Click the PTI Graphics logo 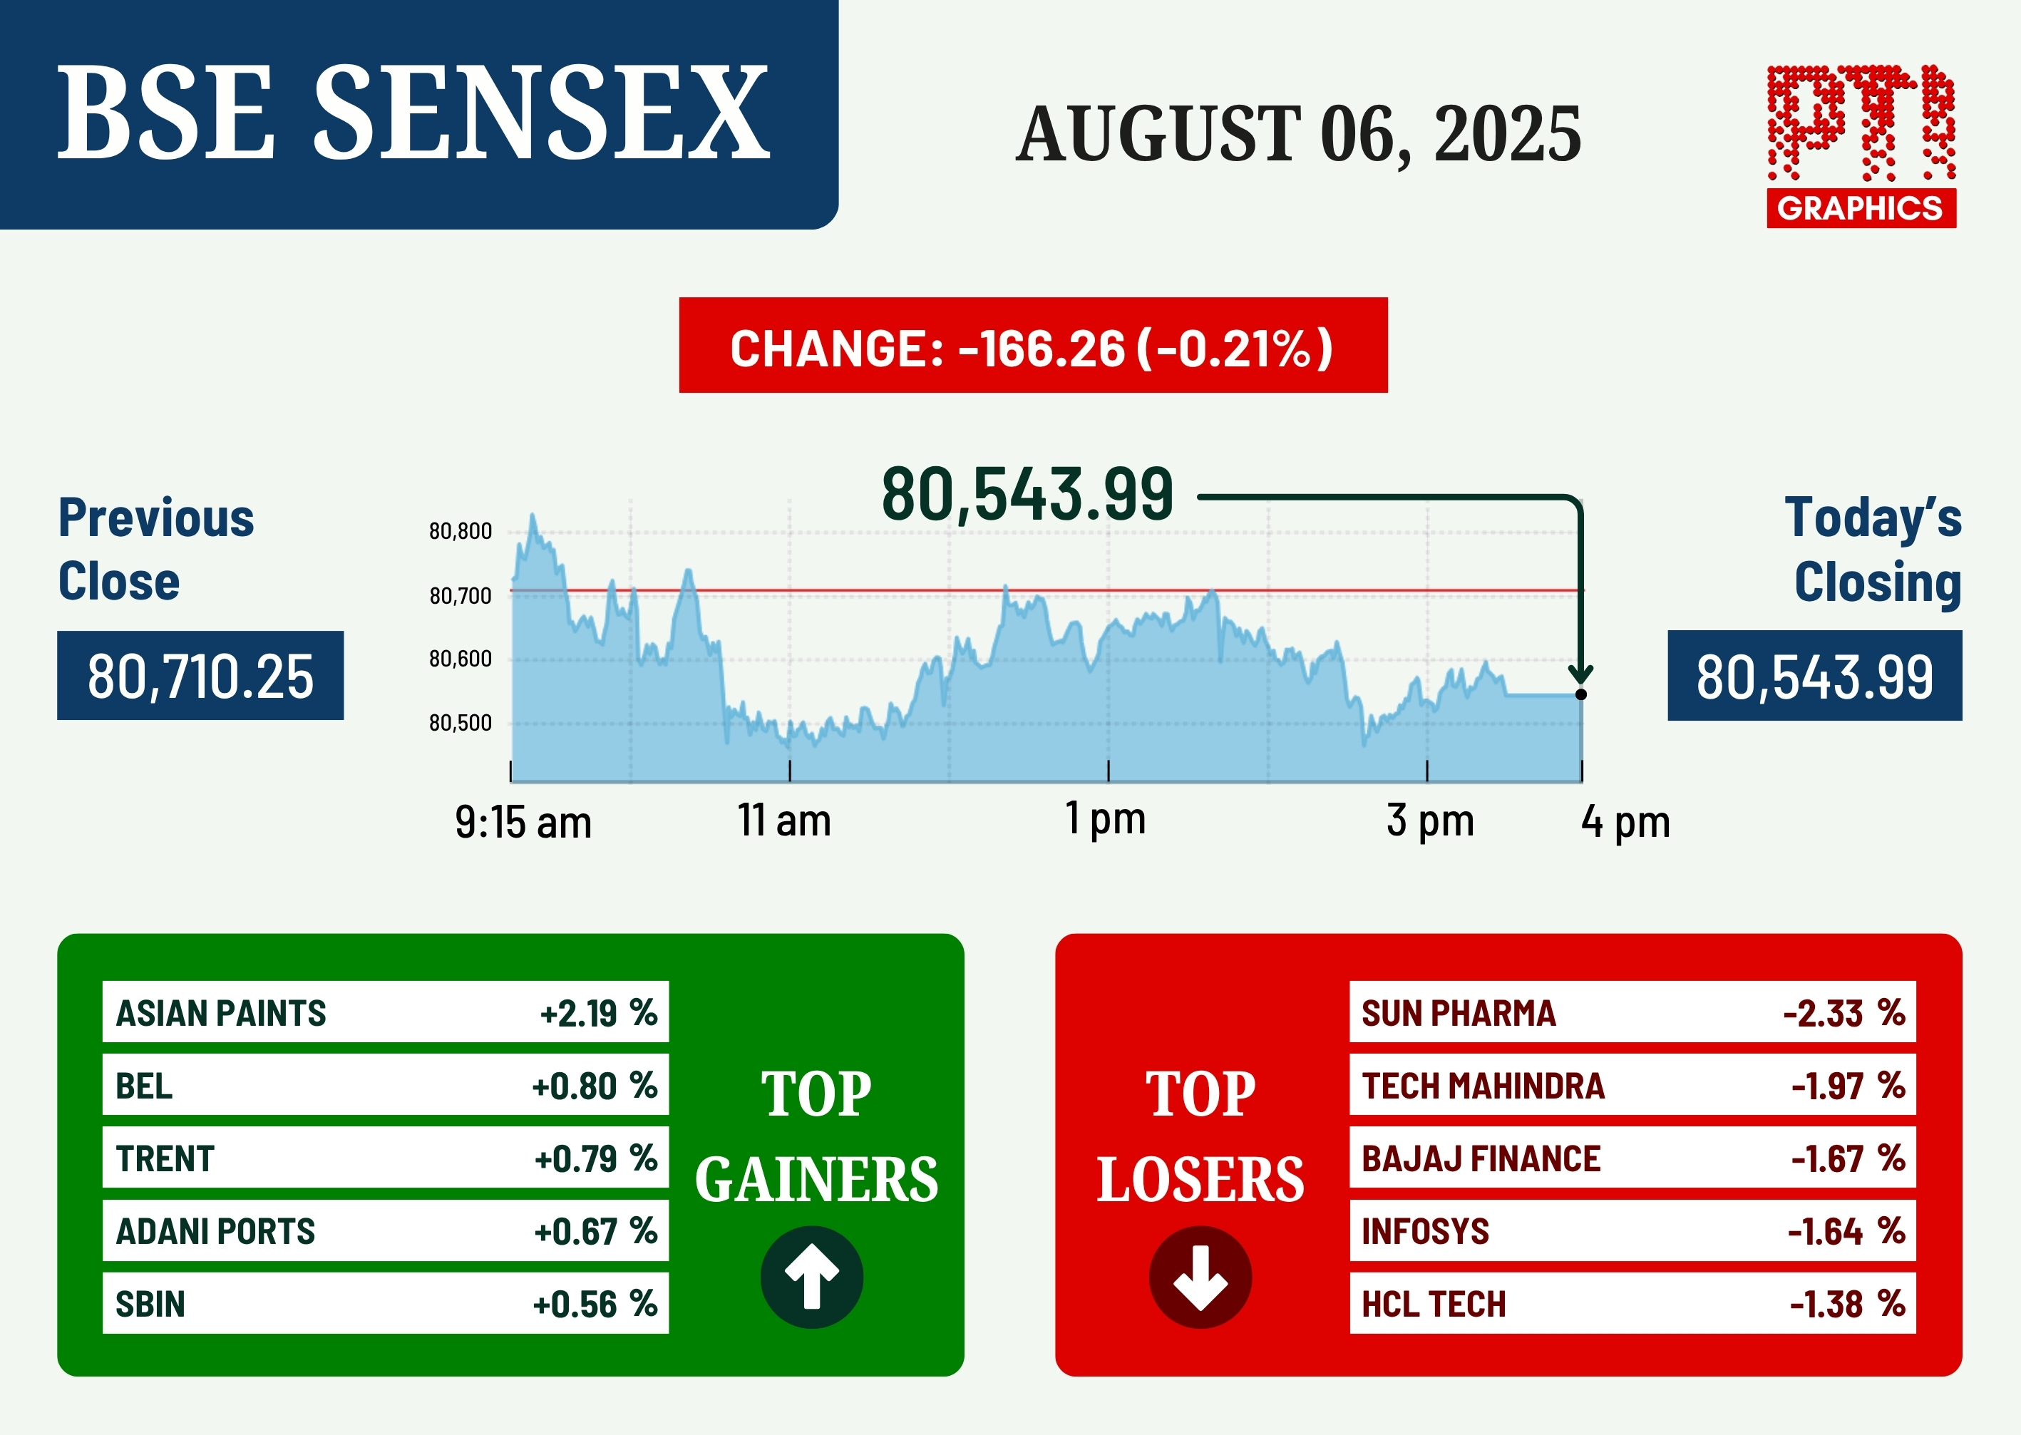click(x=1861, y=146)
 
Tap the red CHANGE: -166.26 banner click(x=1033, y=346)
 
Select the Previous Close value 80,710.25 click(x=200, y=676)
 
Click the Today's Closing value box click(x=1815, y=676)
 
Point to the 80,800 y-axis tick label click(x=461, y=531)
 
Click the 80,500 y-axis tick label click(x=461, y=723)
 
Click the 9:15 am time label click(x=523, y=823)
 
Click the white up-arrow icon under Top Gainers click(x=812, y=1277)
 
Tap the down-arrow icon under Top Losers click(x=1200, y=1277)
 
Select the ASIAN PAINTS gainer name click(x=221, y=1014)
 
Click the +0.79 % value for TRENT click(x=596, y=1158)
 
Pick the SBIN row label click(x=150, y=1305)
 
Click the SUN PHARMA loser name click(x=1458, y=1014)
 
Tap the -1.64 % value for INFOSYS click(x=1846, y=1231)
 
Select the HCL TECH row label click(x=1434, y=1305)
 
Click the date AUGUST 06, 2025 click(x=1299, y=133)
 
